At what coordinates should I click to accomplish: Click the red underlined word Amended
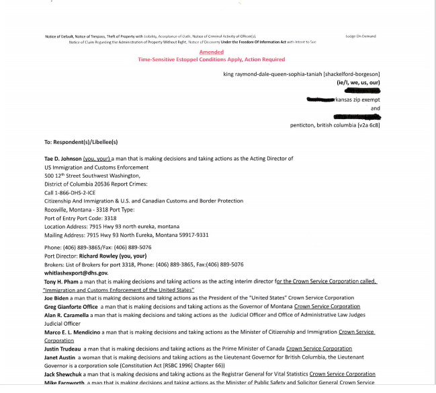(212, 52)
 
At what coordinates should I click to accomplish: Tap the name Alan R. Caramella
(67, 314)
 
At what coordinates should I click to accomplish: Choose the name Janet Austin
(62, 357)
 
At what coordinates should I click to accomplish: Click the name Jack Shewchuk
(65, 373)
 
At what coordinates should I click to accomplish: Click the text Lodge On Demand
(361, 36)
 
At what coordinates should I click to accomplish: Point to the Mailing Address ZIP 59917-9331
(191, 235)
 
